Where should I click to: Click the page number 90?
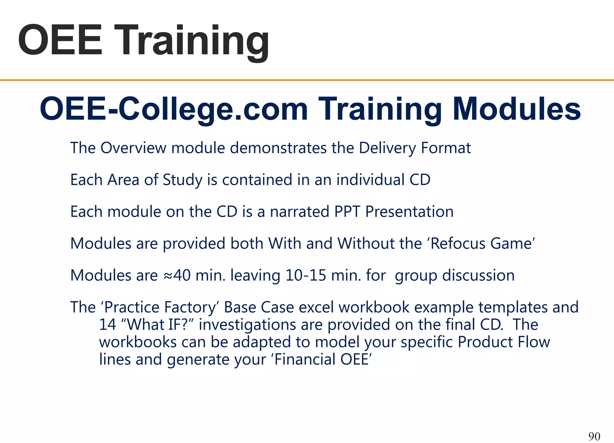click(x=594, y=436)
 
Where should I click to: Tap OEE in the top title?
click(x=60, y=40)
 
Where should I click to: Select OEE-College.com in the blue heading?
click(x=174, y=109)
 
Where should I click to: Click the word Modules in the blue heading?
click(x=517, y=109)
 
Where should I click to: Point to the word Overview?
click(x=133, y=148)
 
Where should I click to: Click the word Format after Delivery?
click(x=446, y=148)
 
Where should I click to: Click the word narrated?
click(x=300, y=212)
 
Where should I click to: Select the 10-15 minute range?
click(x=306, y=275)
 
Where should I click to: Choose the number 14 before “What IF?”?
click(x=107, y=325)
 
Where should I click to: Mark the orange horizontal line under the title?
click(x=307, y=80)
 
